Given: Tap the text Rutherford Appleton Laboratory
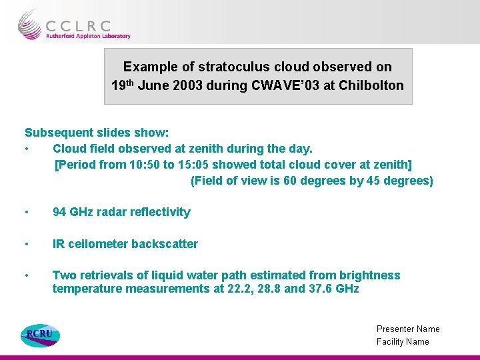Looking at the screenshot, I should tap(88, 36).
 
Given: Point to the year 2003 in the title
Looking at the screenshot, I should tap(188, 85).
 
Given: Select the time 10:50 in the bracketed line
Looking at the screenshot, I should tap(131, 165).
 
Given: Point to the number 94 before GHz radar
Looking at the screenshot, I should tap(59, 212).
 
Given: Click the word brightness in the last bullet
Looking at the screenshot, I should tap(370, 275).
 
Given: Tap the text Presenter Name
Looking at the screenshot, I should tap(408, 329).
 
